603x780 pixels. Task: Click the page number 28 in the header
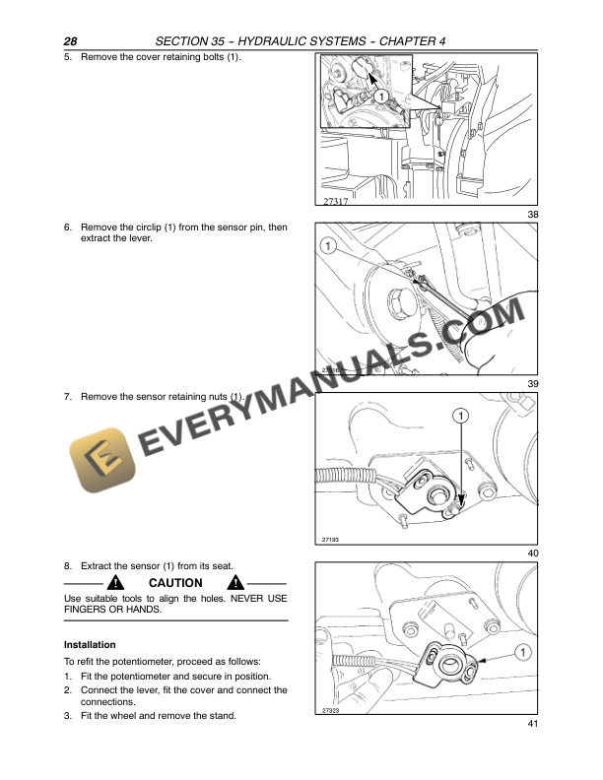point(70,40)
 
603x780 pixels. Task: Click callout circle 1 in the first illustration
point(379,97)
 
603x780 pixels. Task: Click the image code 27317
point(336,201)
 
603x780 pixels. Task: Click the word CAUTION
point(175,583)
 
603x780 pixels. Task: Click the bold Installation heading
point(90,644)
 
